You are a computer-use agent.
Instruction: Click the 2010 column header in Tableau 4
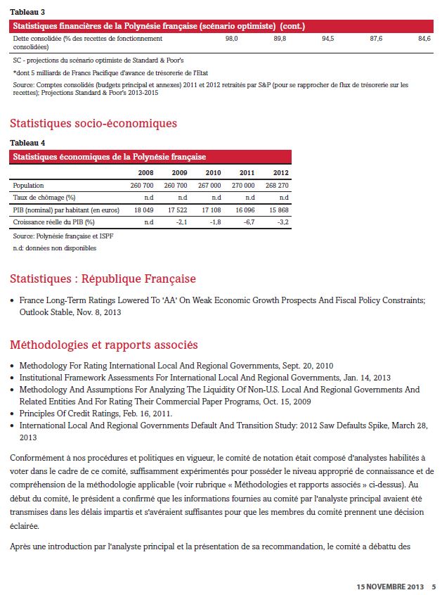coord(212,172)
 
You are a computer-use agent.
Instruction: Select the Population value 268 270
coord(275,185)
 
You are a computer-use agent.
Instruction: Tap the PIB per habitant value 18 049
coord(143,210)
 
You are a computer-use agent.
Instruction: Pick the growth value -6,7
coord(248,222)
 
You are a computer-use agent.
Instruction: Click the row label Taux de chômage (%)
coord(44,198)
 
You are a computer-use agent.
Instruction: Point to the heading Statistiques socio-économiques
coord(93,124)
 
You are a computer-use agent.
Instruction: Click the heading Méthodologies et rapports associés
coord(103,345)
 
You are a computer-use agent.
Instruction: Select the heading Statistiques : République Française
coord(103,279)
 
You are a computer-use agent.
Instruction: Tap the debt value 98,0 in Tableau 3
coord(232,39)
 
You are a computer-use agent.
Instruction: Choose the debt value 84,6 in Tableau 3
coord(424,39)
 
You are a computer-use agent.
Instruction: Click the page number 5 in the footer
coord(434,586)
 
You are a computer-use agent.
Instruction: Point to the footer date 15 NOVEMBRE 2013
coord(390,586)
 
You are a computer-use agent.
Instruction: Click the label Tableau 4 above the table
coord(27,143)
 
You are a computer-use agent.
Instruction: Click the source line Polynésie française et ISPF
coord(63,236)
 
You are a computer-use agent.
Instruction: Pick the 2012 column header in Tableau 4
coord(280,172)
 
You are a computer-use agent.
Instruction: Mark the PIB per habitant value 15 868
coord(275,210)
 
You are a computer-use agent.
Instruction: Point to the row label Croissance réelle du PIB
coord(53,222)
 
